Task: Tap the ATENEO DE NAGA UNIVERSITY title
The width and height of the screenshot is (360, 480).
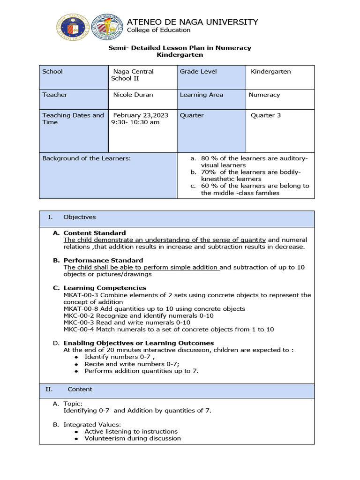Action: click(193, 22)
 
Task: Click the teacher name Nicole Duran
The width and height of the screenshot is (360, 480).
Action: click(133, 95)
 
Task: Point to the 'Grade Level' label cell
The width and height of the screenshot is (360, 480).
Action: click(198, 72)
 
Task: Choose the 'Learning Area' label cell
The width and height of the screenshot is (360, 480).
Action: click(202, 95)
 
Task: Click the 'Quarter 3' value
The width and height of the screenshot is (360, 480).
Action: click(266, 115)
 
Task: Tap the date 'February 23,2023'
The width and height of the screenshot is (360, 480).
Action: click(141, 115)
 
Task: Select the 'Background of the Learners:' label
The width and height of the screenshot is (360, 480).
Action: click(86, 158)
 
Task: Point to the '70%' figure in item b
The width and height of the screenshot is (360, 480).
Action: click(208, 172)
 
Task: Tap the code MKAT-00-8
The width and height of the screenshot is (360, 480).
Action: click(81, 309)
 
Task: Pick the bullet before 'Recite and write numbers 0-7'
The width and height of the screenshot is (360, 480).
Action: click(76, 364)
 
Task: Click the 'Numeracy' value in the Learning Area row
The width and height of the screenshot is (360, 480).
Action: click(264, 95)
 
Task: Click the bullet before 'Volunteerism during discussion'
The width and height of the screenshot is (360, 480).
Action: click(76, 439)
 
